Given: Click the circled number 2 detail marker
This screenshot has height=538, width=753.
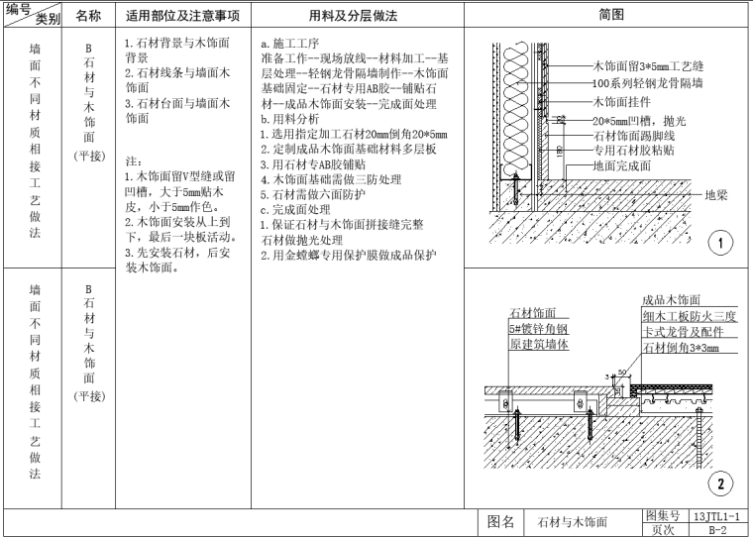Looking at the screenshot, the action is (721, 484).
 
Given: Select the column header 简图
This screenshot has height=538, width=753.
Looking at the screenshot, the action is (611, 17).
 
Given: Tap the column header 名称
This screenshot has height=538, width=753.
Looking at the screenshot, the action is (88, 17).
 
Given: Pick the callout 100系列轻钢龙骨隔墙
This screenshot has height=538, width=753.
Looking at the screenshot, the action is (648, 83).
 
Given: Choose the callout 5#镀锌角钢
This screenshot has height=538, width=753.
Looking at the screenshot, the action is (535, 328).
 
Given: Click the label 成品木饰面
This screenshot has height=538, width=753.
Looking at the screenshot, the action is (671, 300).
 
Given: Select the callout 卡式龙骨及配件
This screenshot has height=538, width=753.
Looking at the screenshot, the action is (684, 332).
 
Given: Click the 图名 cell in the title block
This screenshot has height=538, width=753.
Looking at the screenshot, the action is (502, 521).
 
